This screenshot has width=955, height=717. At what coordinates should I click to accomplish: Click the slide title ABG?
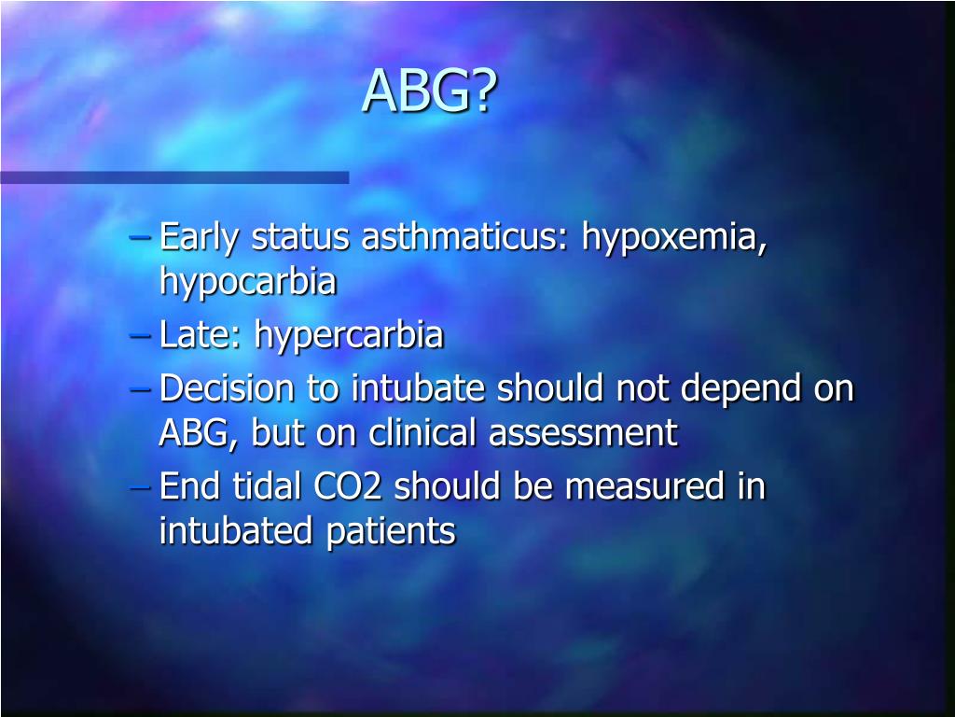point(430,91)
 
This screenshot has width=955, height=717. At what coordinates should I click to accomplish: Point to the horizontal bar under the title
point(174,176)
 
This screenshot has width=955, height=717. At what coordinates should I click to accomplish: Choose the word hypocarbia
point(247,282)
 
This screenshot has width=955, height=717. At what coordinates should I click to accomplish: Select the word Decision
point(226,388)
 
